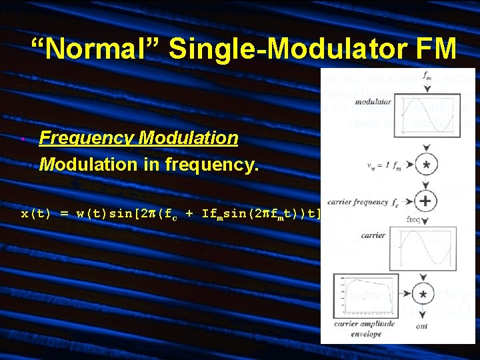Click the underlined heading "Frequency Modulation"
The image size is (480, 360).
[139, 138]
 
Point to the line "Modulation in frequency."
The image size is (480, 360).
[147, 163]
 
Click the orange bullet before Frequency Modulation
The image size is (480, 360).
[23, 139]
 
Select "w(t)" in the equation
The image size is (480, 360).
[89, 214]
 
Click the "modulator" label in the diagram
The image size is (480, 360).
[373, 103]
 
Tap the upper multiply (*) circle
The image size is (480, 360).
[425, 165]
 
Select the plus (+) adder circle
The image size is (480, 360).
[425, 201]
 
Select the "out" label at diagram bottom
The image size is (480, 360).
[421, 327]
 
